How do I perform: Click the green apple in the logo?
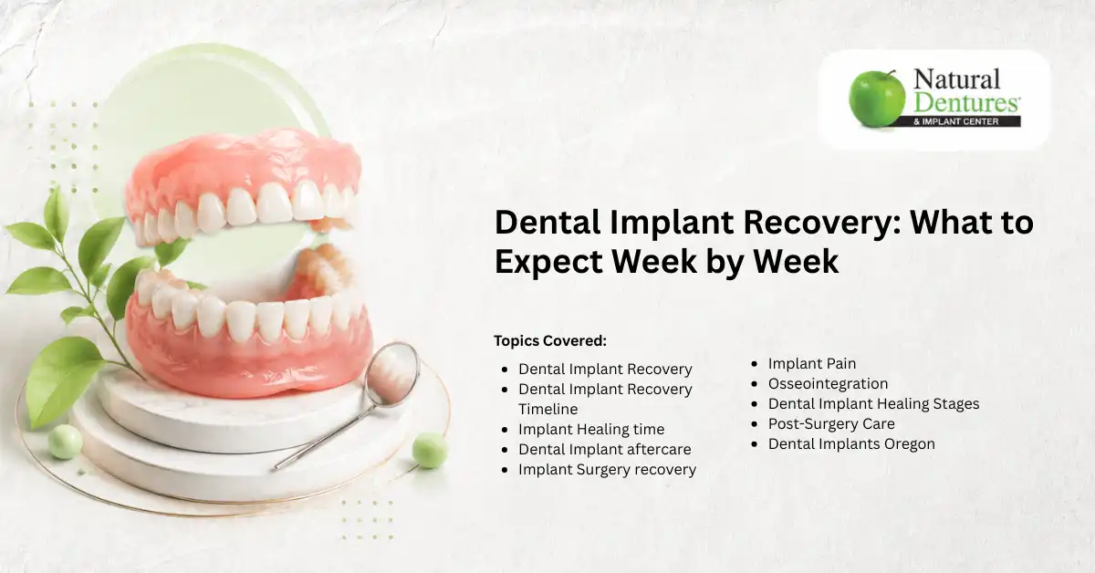[877, 99]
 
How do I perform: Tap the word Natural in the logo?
[956, 79]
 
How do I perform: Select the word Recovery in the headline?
[823, 222]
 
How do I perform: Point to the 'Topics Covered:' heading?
[550, 340]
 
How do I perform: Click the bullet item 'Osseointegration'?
[829, 384]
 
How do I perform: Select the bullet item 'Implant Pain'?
[812, 364]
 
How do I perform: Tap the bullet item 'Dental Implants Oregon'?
[851, 444]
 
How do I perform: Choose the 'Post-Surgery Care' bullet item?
[831, 424]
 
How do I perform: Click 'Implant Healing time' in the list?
[591, 429]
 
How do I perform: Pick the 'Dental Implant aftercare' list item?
[605, 449]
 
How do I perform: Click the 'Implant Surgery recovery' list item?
[607, 469]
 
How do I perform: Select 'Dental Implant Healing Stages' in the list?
[873, 404]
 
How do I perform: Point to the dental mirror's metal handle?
[324, 437]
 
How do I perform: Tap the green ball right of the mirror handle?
[430, 451]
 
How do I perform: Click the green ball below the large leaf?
[65, 442]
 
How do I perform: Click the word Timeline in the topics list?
[548, 409]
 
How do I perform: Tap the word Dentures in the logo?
[966, 102]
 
